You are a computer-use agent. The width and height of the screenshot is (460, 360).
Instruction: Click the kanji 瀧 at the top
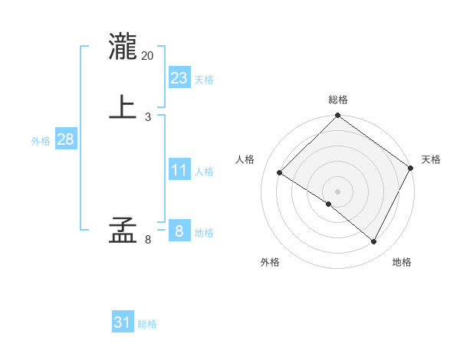tap(123, 47)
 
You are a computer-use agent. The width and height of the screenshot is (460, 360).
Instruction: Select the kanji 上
tap(123, 107)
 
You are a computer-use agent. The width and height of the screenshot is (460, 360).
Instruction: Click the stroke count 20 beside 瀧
tap(148, 56)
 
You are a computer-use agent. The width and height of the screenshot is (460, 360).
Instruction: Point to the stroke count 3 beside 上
tap(148, 117)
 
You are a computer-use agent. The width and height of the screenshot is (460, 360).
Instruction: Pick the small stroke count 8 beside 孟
tap(148, 240)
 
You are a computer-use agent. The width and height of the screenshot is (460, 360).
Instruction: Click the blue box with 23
tap(179, 78)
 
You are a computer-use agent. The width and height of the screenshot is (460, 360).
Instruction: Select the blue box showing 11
tap(179, 170)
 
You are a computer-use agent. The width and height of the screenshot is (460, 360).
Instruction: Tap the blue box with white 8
tap(179, 231)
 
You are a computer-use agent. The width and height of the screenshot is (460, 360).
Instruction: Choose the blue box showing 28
tap(65, 139)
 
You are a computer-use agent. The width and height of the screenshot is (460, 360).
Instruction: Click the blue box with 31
tap(123, 323)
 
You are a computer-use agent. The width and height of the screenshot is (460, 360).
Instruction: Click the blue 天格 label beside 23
tap(204, 80)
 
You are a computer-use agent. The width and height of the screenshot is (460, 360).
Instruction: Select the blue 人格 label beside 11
tap(204, 172)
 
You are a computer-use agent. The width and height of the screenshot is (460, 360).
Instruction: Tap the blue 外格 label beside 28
tap(41, 141)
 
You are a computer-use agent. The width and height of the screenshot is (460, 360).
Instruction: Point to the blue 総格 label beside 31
tap(148, 325)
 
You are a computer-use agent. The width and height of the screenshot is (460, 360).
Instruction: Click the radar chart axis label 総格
tap(337, 100)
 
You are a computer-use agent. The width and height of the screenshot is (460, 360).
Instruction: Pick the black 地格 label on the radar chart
tap(402, 263)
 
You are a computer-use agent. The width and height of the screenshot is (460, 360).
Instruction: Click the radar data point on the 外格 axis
tap(329, 204)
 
